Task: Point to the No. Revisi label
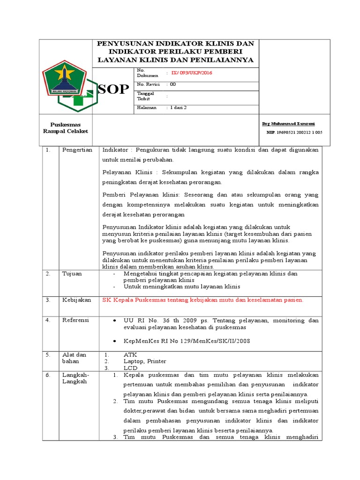148,84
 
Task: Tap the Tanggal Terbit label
145,96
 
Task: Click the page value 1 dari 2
178,108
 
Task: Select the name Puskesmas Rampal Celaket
66,127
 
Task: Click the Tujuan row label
72,273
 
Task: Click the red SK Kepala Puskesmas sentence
203,300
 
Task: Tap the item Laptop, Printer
144,361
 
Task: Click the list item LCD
130,368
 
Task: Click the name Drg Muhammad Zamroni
288,123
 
